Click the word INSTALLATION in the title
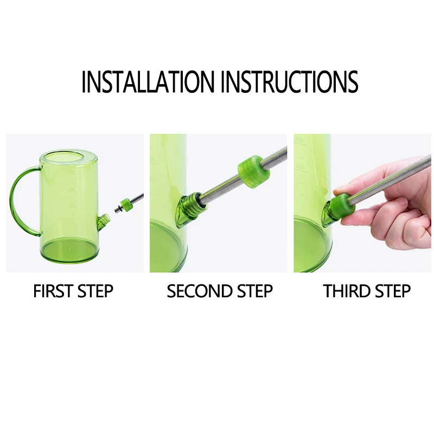point(148,81)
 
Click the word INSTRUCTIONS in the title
point(290,81)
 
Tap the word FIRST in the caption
point(53,291)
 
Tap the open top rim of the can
point(68,156)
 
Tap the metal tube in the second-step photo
point(244,177)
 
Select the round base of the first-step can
point(69,251)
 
